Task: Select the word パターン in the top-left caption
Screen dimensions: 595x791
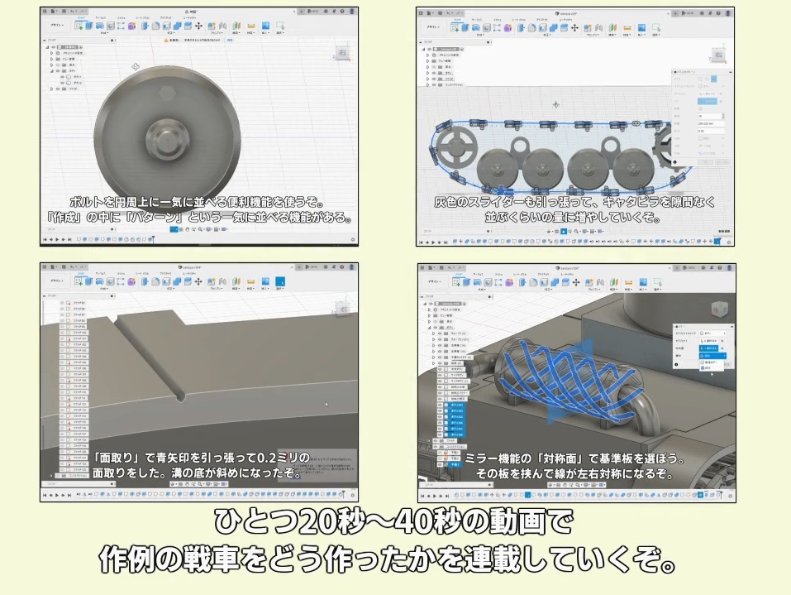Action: pos(198,218)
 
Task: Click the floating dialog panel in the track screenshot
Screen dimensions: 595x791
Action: pos(701,116)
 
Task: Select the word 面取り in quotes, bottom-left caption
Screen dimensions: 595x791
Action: pos(118,458)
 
